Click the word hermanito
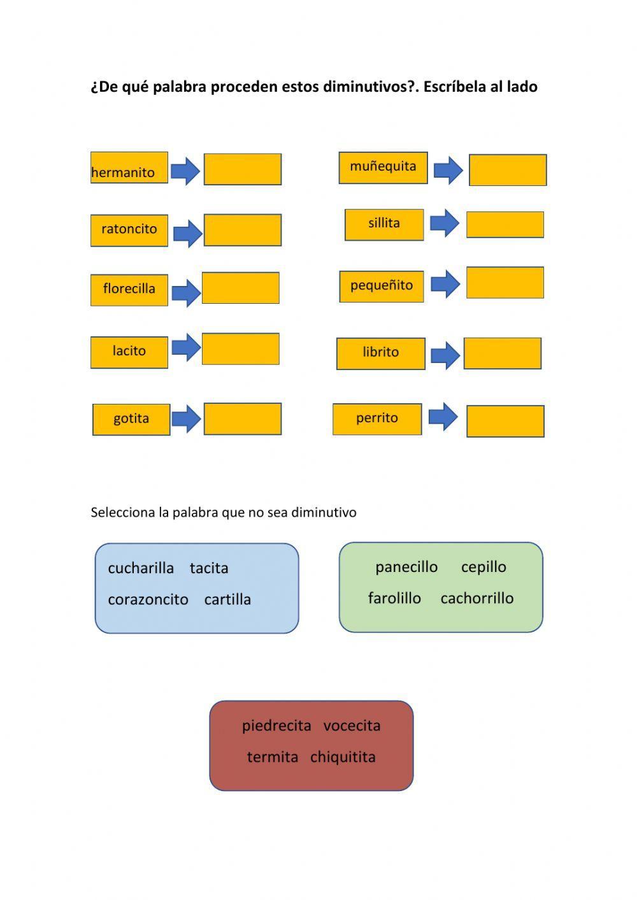pyautogui.click(x=123, y=173)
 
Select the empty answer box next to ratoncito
pyautogui.click(x=242, y=230)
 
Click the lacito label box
pyautogui.click(x=129, y=352)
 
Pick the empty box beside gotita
pyautogui.click(x=242, y=419)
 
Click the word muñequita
pyautogui.click(x=383, y=167)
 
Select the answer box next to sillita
pyautogui.click(x=505, y=225)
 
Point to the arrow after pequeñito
pyautogui.click(x=445, y=284)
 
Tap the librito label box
pyautogui.click(x=380, y=354)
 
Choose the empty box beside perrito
pyautogui.click(x=505, y=421)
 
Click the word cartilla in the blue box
pyautogui.click(x=227, y=600)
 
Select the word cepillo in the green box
pyautogui.click(x=483, y=567)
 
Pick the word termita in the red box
pyautogui.click(x=273, y=757)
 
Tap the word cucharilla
pyautogui.click(x=141, y=568)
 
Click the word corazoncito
pyautogui.click(x=148, y=600)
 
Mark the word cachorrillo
pyautogui.click(x=476, y=599)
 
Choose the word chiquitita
pyautogui.click(x=343, y=757)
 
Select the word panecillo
pyautogui.click(x=406, y=567)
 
